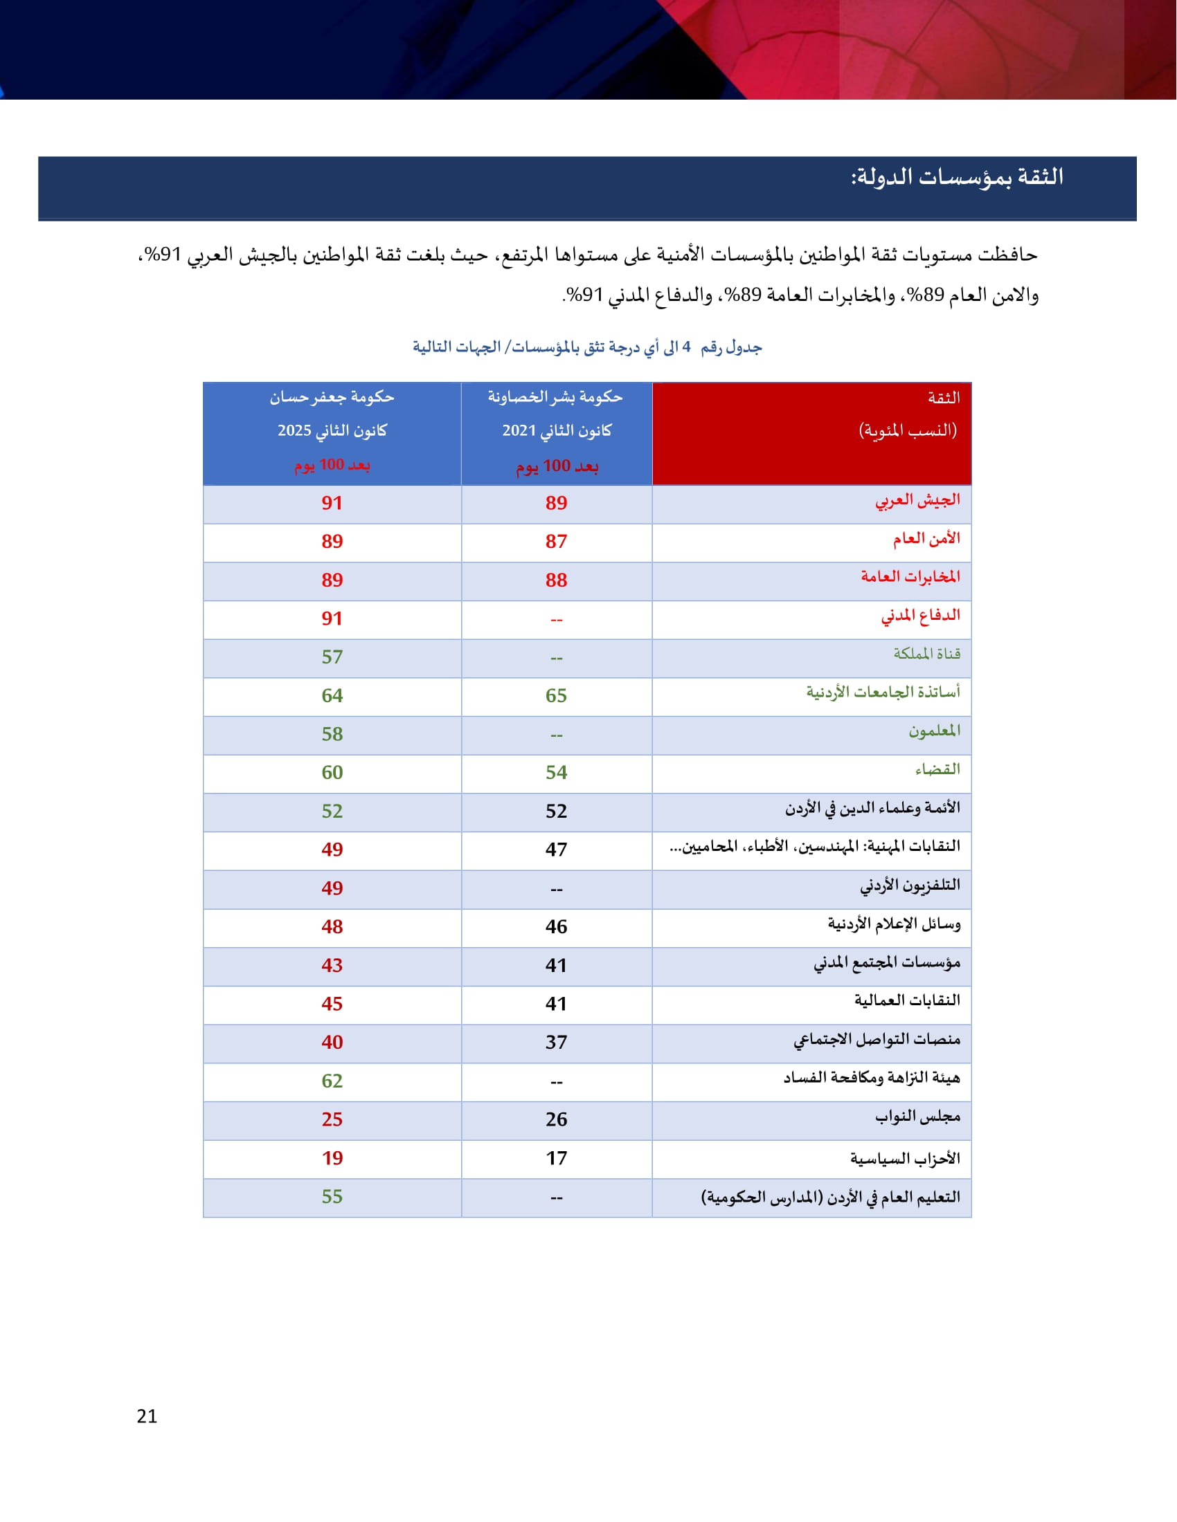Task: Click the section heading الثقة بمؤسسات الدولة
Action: (957, 178)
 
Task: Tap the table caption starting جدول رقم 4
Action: (587, 347)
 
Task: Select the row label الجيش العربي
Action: (917, 501)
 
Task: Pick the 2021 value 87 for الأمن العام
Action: (556, 542)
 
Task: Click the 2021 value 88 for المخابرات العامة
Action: (556, 580)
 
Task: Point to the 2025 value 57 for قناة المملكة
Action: (332, 657)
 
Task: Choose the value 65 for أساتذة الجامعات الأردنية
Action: (556, 695)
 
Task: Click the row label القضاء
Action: (937, 770)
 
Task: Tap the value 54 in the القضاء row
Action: (556, 773)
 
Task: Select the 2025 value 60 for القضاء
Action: (332, 773)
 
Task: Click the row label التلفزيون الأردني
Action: (909, 886)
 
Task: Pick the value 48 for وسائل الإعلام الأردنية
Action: (332, 927)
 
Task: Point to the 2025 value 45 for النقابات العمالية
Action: (332, 1005)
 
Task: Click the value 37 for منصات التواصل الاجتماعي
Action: (556, 1043)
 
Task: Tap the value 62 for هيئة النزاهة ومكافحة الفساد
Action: (332, 1081)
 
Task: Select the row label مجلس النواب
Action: (917, 1117)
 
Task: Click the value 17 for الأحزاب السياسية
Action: (556, 1158)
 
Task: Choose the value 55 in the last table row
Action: (332, 1198)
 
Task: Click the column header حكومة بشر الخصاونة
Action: (555, 397)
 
